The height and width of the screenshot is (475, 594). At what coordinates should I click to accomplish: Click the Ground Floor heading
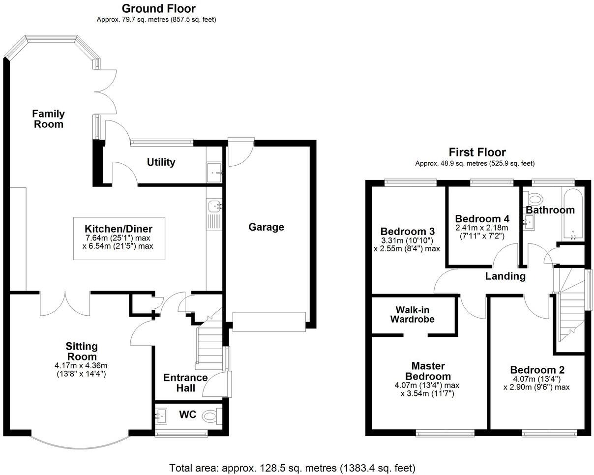click(x=158, y=8)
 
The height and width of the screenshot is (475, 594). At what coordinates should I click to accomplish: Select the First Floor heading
click(x=477, y=152)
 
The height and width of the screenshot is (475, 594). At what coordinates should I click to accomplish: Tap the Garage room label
click(x=266, y=227)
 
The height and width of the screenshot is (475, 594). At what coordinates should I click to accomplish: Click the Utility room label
click(x=161, y=162)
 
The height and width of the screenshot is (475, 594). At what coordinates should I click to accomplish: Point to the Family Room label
click(x=48, y=119)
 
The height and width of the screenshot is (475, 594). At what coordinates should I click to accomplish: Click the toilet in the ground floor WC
click(x=211, y=416)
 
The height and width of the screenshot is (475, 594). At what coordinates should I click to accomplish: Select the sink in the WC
click(x=161, y=416)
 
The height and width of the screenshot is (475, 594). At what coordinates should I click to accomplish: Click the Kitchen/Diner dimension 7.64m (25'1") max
click(x=119, y=237)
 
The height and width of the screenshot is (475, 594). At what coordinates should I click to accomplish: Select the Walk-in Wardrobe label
click(x=413, y=315)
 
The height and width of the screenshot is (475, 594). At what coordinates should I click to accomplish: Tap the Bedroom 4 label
click(x=482, y=219)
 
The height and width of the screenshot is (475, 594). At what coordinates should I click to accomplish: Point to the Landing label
click(x=505, y=276)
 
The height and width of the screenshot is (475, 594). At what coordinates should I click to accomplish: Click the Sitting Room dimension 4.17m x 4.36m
click(x=82, y=365)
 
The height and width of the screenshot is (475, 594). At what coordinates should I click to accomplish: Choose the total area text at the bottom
click(x=292, y=467)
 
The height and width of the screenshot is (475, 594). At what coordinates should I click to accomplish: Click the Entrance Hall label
click(x=185, y=383)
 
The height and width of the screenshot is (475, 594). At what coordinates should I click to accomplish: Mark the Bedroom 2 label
click(x=537, y=370)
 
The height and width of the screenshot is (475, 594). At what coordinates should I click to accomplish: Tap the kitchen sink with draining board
click(x=214, y=214)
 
